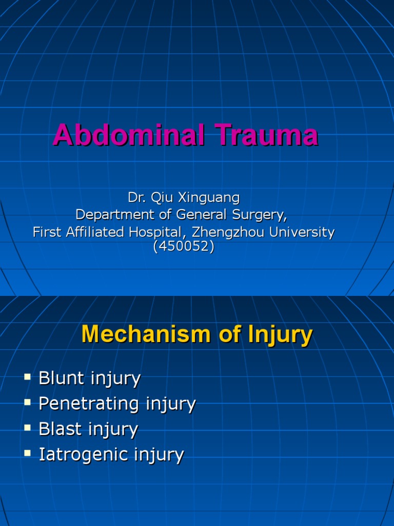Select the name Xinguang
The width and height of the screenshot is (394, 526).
click(209, 198)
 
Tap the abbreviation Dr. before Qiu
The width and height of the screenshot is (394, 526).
click(136, 197)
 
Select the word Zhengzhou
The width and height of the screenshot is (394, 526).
click(228, 232)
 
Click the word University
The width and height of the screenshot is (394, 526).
click(302, 232)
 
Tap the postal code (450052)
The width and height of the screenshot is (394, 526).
click(184, 247)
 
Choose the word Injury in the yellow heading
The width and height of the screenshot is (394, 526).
click(280, 335)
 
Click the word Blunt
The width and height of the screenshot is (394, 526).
click(62, 378)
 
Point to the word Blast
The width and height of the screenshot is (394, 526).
click(61, 429)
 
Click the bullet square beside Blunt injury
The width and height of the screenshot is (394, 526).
click(28, 377)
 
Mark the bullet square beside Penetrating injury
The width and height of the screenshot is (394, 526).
click(28, 402)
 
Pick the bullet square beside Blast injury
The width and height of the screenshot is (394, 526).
click(28, 428)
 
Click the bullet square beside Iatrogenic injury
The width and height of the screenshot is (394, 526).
click(28, 454)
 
